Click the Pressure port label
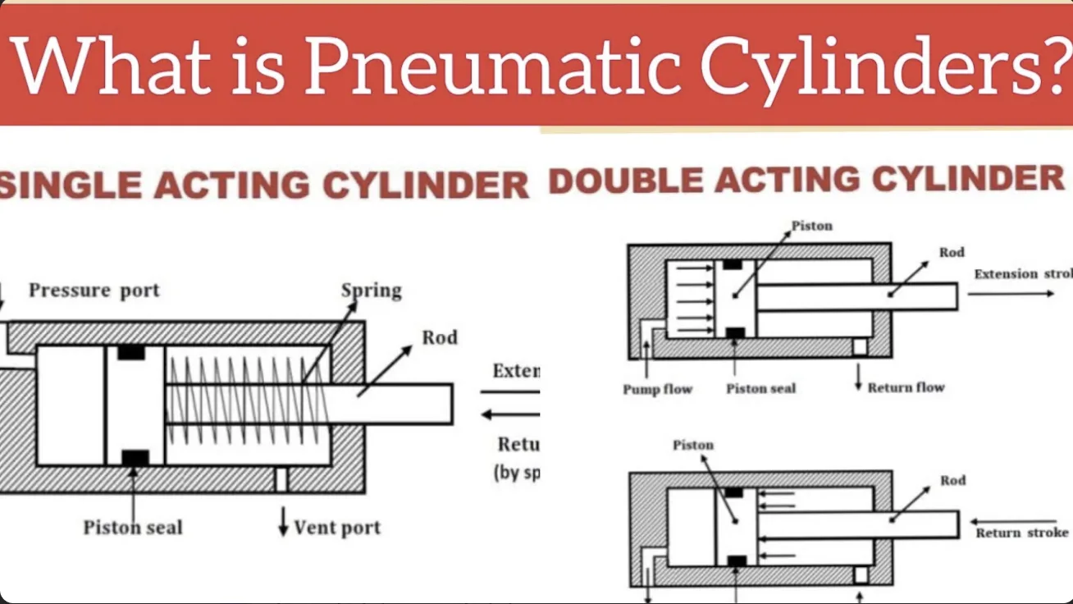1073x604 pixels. click(x=94, y=291)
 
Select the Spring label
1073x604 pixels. click(x=372, y=291)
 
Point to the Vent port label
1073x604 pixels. click(x=337, y=527)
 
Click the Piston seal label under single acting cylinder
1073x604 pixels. click(x=132, y=527)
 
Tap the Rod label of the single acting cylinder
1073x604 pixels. click(x=440, y=337)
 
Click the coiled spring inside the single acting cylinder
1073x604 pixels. click(x=246, y=402)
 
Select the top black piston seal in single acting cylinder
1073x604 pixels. click(x=131, y=352)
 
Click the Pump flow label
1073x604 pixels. click(x=657, y=389)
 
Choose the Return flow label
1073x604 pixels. click(x=906, y=387)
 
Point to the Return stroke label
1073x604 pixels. click(x=1022, y=533)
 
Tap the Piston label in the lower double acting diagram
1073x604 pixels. click(x=693, y=445)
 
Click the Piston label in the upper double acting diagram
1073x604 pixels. click(x=811, y=226)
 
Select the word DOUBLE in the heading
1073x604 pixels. click(x=623, y=181)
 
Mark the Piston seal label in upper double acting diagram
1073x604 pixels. click(x=760, y=389)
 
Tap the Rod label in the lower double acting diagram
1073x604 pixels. click(x=952, y=480)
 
